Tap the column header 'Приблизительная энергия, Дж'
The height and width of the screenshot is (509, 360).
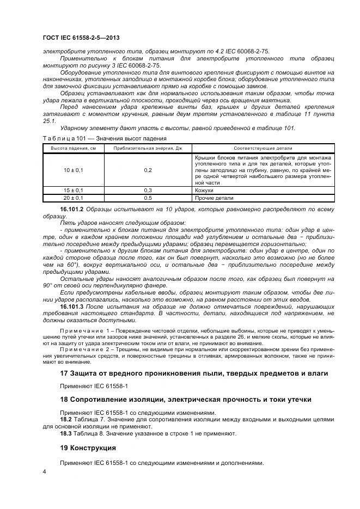pyautogui.click(x=148, y=148)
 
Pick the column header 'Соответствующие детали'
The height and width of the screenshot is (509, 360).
pyautogui.click(x=263, y=148)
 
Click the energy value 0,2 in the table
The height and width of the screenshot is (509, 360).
pyautogui.click(x=148, y=170)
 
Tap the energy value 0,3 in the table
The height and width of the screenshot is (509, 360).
pyautogui.click(x=148, y=191)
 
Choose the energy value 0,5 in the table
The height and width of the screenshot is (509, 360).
pyautogui.click(x=148, y=198)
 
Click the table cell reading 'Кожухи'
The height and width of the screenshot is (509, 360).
pyautogui.click(x=204, y=191)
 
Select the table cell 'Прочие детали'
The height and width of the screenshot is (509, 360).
pyautogui.click(x=210, y=198)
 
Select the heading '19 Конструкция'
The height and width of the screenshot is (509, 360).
pyautogui.click(x=88, y=448)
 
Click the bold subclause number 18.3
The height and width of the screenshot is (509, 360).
pyautogui.click(x=66, y=433)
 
